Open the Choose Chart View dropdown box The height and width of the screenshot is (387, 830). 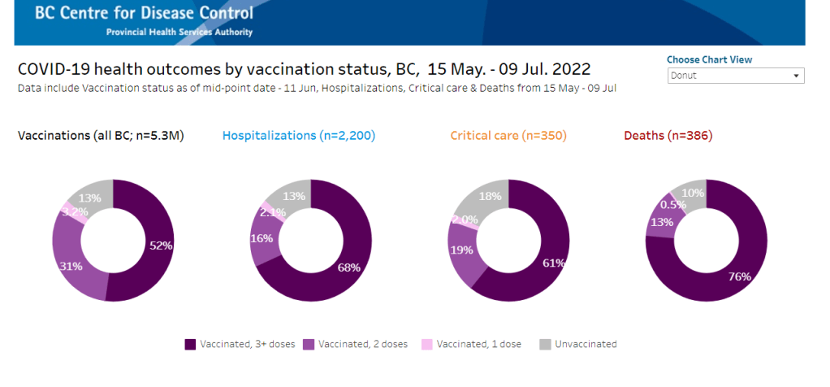pos(735,76)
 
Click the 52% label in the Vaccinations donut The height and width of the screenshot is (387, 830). pos(161,245)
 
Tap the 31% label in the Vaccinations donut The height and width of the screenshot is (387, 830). pos(70,265)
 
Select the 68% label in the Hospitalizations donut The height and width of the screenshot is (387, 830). pos(349,267)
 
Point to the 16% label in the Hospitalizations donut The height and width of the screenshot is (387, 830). pos(262,238)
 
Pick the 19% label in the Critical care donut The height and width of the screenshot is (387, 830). pos(461,250)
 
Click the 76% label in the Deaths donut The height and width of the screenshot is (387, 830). pos(740,276)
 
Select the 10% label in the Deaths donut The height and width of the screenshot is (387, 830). pos(693,192)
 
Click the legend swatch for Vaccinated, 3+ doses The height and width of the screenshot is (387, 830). pos(190,344)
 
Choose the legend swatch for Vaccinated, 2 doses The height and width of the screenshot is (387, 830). pos(308,344)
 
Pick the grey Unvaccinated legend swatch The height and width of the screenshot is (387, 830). pos(544,344)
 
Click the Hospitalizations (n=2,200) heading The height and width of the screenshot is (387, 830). pos(298,136)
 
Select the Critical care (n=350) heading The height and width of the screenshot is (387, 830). pos(508,136)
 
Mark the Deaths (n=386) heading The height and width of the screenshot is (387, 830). pos(668,136)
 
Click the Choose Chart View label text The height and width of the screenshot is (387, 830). pos(709,59)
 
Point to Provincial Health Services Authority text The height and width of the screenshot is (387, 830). pos(179,33)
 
